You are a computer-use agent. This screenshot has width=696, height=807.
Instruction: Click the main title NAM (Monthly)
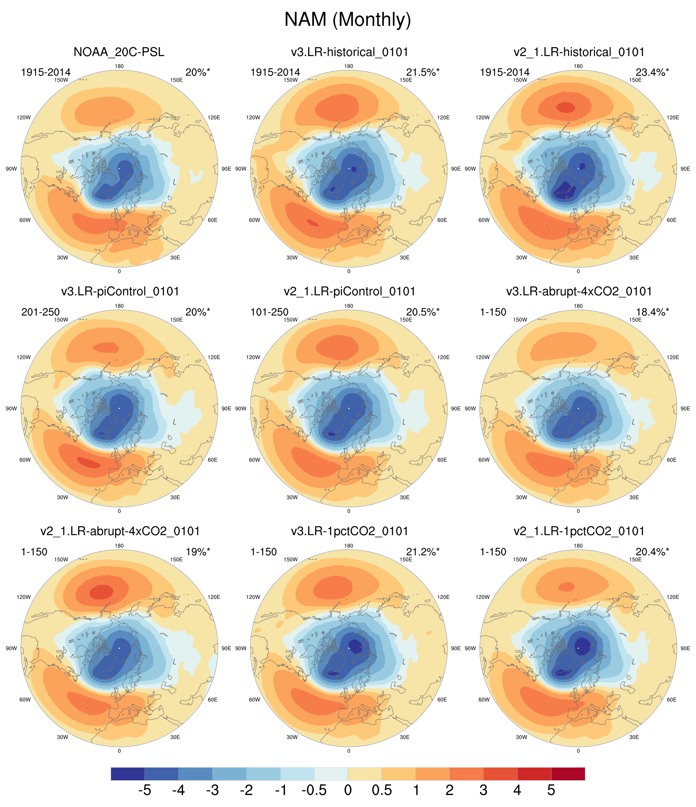click(348, 19)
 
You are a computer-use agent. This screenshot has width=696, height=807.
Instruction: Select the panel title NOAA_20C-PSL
click(119, 52)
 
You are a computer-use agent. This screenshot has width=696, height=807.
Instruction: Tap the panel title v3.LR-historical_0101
click(349, 52)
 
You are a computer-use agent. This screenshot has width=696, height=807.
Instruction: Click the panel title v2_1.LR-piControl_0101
click(349, 291)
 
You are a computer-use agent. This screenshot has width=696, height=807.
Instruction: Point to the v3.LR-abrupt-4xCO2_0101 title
click(579, 291)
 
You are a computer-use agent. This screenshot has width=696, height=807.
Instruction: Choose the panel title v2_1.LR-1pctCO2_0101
click(579, 531)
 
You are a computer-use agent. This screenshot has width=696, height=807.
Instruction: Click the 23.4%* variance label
click(652, 72)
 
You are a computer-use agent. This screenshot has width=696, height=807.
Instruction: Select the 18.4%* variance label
click(652, 312)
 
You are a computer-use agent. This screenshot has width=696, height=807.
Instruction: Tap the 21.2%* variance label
click(423, 552)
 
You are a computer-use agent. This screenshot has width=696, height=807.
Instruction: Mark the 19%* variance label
click(198, 552)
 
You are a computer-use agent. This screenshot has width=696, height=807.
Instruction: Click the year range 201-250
click(41, 312)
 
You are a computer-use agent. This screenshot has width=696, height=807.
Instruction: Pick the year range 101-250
click(270, 312)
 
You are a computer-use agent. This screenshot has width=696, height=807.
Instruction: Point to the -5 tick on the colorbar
click(144, 790)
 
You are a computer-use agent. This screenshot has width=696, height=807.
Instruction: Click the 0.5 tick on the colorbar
click(382, 790)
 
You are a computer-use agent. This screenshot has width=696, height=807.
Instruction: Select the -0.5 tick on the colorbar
click(314, 790)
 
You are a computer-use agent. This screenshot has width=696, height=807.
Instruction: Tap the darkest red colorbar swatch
click(568, 773)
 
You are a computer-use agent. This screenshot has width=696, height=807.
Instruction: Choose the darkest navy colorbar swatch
click(128, 773)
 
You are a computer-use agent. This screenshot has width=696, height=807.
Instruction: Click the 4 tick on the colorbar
click(517, 790)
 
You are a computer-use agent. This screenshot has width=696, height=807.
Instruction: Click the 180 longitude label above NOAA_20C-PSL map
click(119, 66)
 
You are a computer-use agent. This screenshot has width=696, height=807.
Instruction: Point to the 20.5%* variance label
click(423, 312)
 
